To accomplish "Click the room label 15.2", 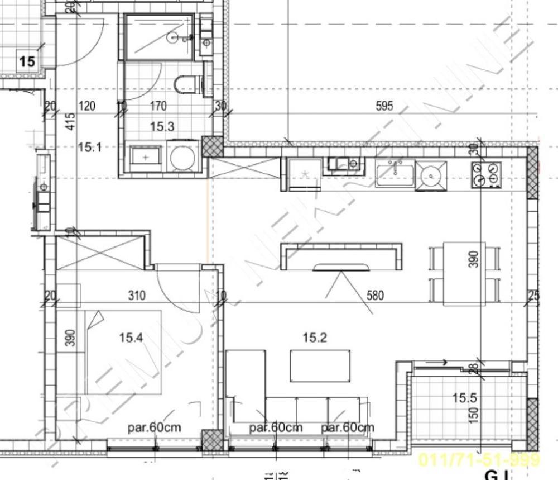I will click(x=314, y=337).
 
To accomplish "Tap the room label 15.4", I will click(x=131, y=337).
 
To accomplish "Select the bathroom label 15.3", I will click(x=162, y=127).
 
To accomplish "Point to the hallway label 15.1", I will click(x=89, y=148).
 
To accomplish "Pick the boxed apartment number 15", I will click(x=27, y=61).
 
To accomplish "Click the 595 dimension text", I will click(x=384, y=106).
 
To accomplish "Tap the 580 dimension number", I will click(x=375, y=294).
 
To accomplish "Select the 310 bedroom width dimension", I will click(x=137, y=294).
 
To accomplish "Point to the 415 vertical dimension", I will click(x=70, y=122).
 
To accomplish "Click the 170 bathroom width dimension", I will click(x=159, y=106).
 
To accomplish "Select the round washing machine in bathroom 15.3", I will click(x=182, y=158).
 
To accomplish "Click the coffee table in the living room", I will click(x=320, y=366).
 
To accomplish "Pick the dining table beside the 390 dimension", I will click(x=464, y=274).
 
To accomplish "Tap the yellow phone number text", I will click(x=479, y=460).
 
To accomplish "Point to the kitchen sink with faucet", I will click(x=395, y=173).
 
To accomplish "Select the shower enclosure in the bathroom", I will click(x=160, y=37).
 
